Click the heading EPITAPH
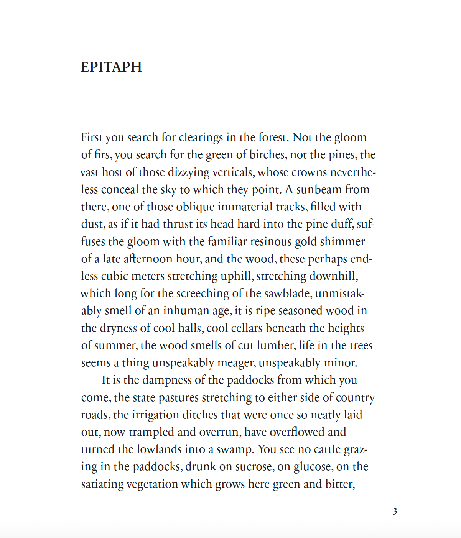click(x=111, y=67)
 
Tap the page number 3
click(x=395, y=511)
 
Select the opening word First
click(x=92, y=137)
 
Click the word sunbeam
click(x=318, y=189)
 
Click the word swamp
click(x=235, y=449)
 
